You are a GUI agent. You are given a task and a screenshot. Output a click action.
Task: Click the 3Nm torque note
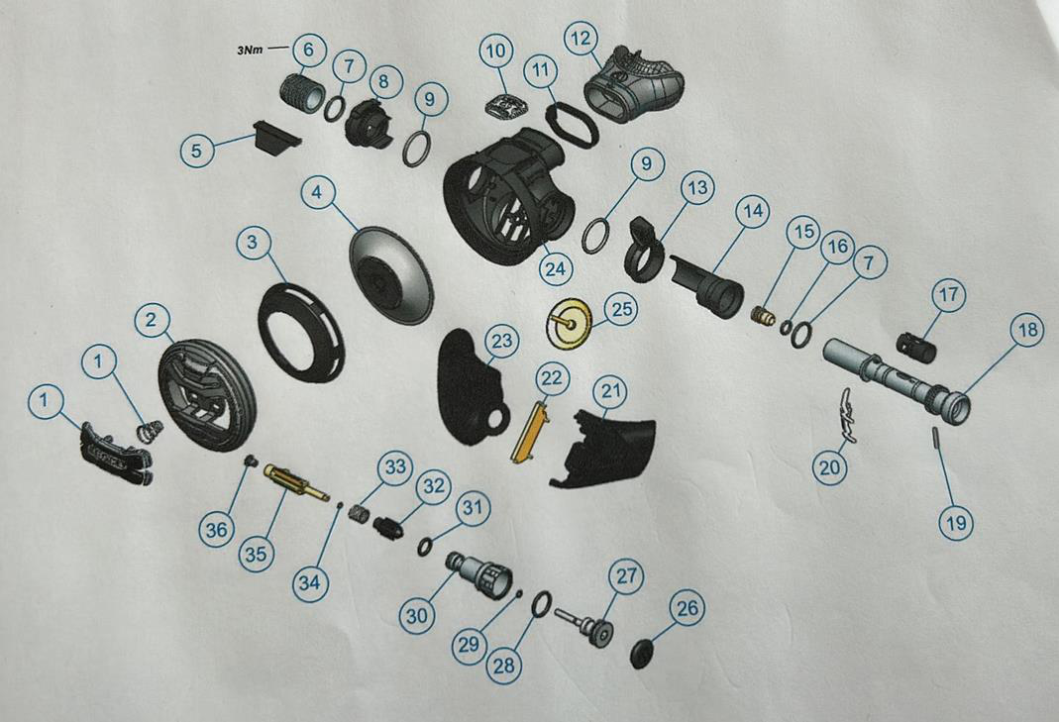coord(250,50)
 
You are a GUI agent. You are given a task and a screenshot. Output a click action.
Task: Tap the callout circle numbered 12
coord(581,39)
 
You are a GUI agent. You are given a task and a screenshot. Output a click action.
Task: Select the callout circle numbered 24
coord(555,268)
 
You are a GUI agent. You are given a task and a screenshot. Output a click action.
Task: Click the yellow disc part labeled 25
coord(568,322)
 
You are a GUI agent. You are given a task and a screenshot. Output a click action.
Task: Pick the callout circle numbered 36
coord(217,530)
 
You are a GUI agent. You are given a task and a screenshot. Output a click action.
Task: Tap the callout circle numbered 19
coord(956,522)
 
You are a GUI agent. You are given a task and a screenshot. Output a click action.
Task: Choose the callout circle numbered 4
coord(317,192)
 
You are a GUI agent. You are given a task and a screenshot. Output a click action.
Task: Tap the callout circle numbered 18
coord(1027,330)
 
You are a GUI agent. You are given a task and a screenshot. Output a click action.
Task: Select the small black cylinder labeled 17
coord(915,345)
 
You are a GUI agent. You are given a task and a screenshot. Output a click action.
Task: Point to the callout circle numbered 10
coord(497,50)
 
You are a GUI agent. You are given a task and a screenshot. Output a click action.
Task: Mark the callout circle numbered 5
coord(196,150)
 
